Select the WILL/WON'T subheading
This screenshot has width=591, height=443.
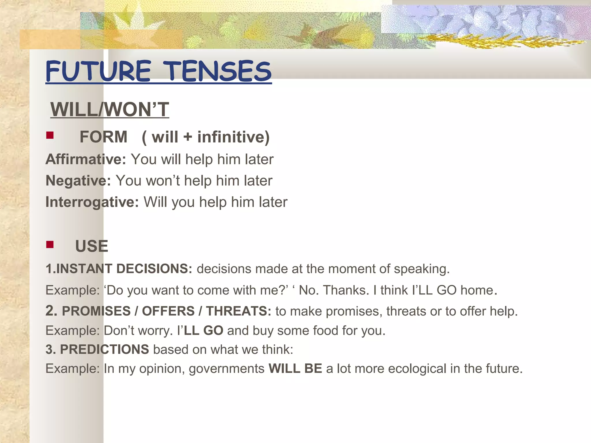pos(110,110)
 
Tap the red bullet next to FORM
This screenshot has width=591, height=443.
pos(50,135)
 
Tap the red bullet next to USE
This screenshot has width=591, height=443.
pos(50,245)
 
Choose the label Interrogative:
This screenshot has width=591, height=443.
pos(92,202)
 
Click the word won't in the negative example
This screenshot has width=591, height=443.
pos(162,181)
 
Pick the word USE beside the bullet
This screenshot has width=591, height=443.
pos(91,246)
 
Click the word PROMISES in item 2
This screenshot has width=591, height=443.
pos(96,311)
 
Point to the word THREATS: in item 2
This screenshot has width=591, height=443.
pos(238,311)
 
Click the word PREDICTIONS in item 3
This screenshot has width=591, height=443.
pos(104,350)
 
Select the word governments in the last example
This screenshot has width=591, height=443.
pos(227,369)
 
